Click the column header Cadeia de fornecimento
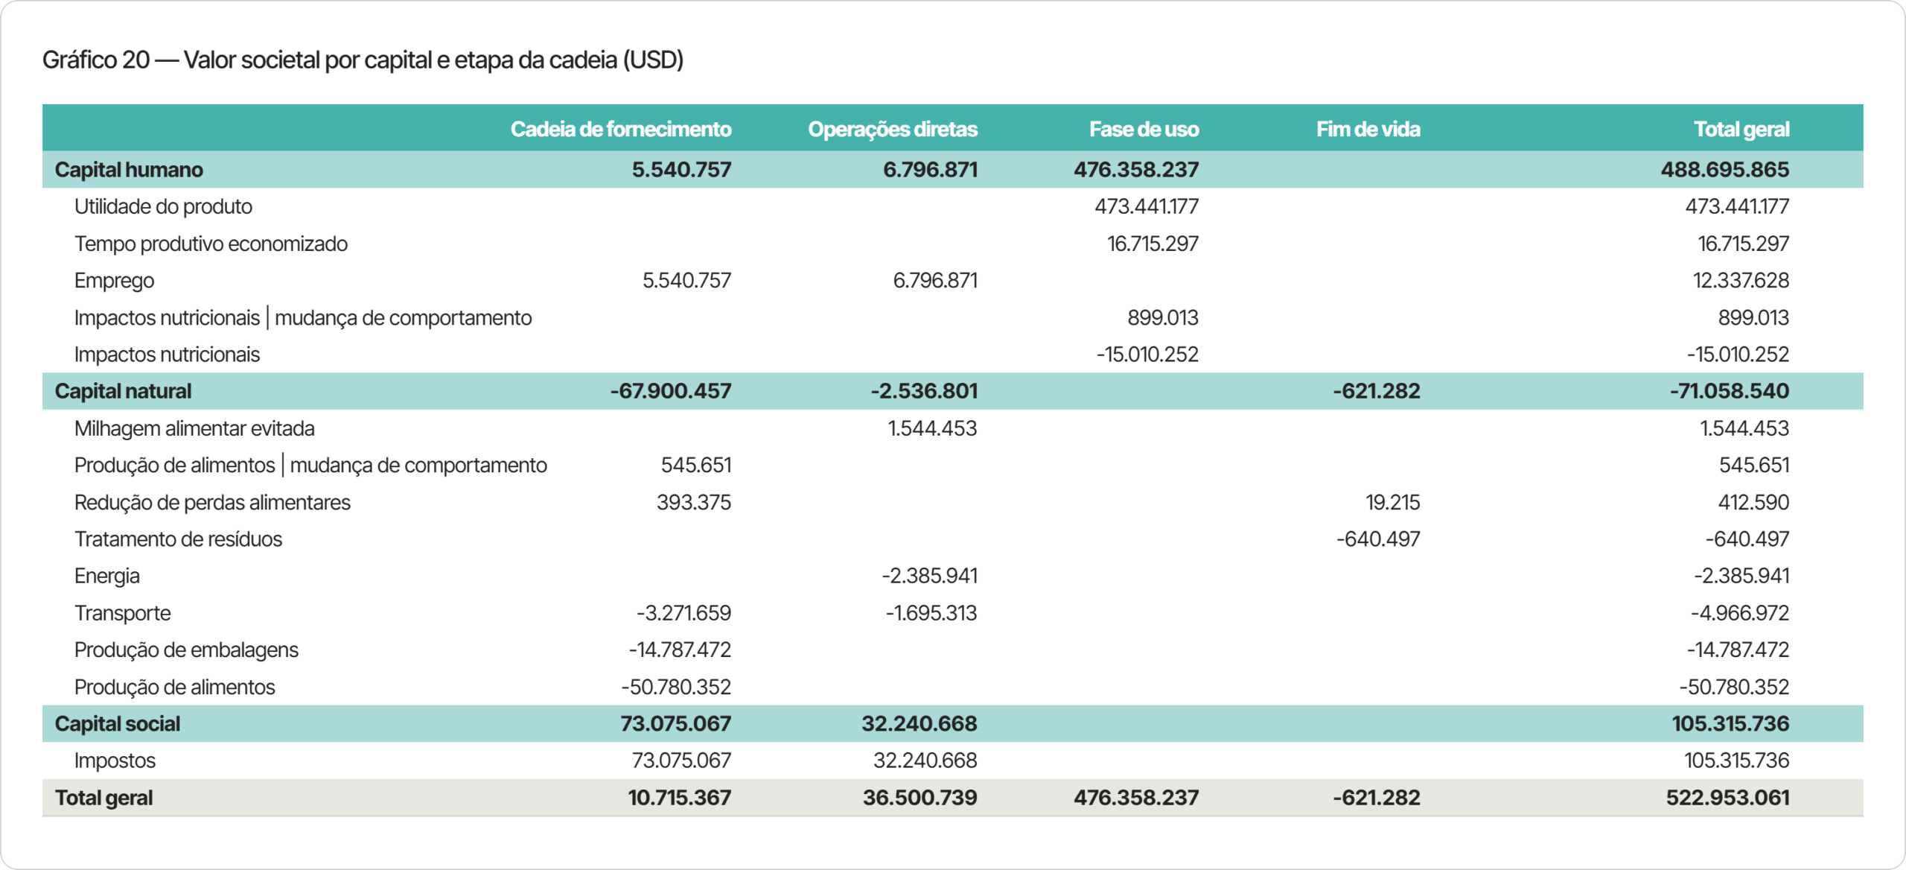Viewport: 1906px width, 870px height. coord(621,129)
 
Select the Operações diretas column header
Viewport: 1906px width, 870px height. coord(893,129)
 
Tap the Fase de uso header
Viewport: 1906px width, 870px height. coord(1144,129)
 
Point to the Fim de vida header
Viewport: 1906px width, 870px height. coord(1368,129)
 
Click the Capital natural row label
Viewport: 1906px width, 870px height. coord(123,391)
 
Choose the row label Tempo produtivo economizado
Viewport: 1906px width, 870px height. coord(211,244)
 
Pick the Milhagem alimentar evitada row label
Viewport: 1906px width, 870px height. coord(194,428)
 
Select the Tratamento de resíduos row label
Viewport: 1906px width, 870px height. coord(178,539)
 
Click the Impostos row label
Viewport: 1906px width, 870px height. coord(115,761)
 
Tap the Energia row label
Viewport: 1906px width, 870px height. coord(107,576)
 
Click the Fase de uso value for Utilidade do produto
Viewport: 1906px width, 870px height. coord(1147,206)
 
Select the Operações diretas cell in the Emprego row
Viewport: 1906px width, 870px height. coord(935,280)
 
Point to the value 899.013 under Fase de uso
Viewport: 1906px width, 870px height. coord(1163,317)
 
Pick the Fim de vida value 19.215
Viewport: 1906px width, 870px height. coord(1393,502)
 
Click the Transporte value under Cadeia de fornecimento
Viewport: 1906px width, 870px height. coord(683,613)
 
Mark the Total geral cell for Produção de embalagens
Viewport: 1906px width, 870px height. coord(1738,650)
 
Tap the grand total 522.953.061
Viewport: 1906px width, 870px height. coord(1727,798)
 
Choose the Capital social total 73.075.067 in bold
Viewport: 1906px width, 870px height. coord(676,723)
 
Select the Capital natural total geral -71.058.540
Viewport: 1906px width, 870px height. coord(1729,391)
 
